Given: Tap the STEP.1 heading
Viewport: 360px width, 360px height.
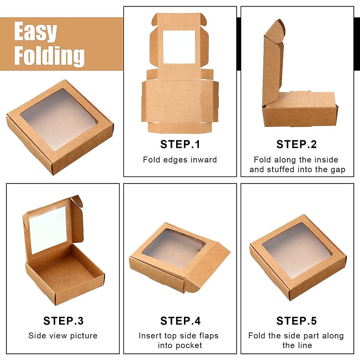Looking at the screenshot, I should click(180, 144).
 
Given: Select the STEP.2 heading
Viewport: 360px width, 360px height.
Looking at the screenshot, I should click(296, 144).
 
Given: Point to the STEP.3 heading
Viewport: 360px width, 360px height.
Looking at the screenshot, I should click(63, 321).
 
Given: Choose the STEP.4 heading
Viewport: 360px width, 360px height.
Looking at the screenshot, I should click(180, 321).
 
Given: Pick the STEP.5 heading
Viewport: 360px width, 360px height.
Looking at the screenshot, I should click(296, 321).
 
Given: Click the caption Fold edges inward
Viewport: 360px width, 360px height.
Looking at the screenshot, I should click(180, 160).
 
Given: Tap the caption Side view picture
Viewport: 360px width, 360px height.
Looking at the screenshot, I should click(63, 335).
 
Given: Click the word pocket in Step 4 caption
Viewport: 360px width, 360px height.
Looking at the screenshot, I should click(189, 345).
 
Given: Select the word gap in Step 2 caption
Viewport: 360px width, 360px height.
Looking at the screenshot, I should click(338, 169).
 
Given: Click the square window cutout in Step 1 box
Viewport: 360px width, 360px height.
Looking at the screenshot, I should click(179, 47).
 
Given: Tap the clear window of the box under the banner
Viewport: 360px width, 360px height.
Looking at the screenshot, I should click(59, 119).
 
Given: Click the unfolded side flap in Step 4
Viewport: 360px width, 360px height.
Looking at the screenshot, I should click(207, 270).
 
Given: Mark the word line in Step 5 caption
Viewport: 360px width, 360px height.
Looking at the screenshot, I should click(305, 345).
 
